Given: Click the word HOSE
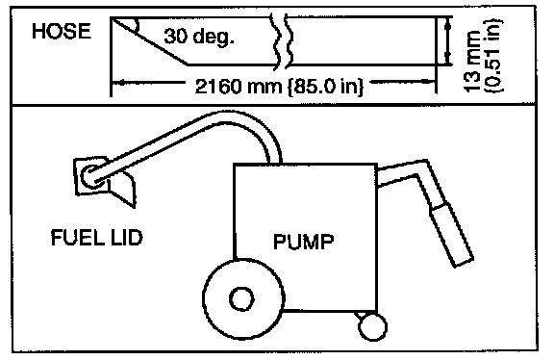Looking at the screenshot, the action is (x=62, y=31).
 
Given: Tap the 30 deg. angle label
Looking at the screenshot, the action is (x=198, y=36).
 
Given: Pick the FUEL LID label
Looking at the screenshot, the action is (x=96, y=238).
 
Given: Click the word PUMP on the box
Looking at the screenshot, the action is (x=304, y=242).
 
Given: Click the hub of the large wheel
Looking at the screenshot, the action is (x=241, y=298).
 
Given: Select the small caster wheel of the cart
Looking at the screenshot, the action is (x=372, y=326).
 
